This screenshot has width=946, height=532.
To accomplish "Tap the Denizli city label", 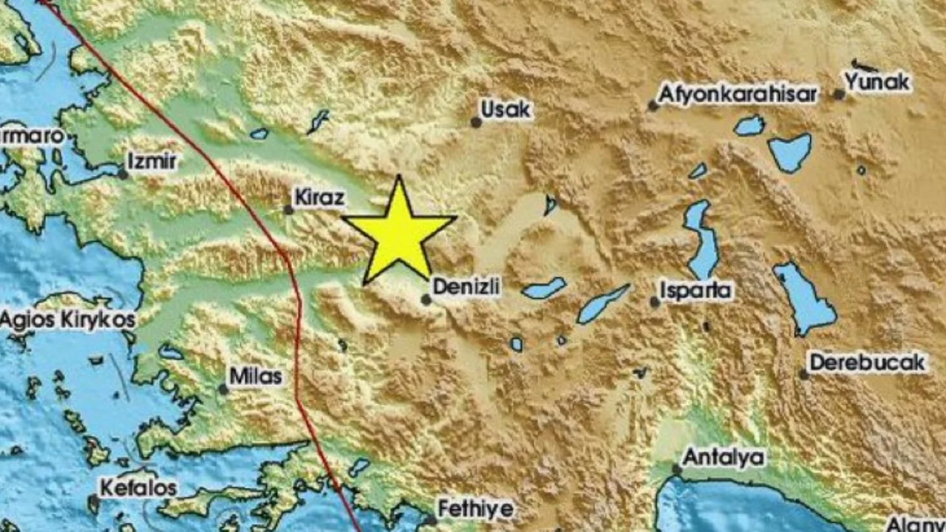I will tap(466, 286).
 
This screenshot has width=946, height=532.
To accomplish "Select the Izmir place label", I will tap(152, 160).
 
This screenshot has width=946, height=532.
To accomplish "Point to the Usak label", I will tap(506, 109).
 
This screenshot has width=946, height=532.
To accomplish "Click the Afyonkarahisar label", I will tap(738, 94).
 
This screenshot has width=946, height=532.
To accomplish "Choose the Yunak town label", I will tap(877, 82).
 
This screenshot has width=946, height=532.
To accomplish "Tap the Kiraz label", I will tap(319, 197).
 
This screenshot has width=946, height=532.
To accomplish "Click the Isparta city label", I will tap(696, 290).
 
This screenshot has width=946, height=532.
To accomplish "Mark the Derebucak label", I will tap(868, 362).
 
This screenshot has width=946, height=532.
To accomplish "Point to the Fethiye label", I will tap(475, 508).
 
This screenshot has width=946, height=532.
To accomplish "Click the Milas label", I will tap(256, 376).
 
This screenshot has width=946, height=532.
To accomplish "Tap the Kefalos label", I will tap(138, 488).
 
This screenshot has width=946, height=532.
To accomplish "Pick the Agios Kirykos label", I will tap(68, 320).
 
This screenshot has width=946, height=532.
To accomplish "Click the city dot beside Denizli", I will tap(426, 299).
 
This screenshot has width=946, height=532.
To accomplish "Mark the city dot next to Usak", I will tap(477, 123).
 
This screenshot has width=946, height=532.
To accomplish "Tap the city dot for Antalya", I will tap(676, 469).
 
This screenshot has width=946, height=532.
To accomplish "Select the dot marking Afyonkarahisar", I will tap(653, 106).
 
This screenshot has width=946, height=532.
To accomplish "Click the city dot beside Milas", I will tap(222, 389).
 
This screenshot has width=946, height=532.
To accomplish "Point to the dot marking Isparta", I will tap(655, 301).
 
